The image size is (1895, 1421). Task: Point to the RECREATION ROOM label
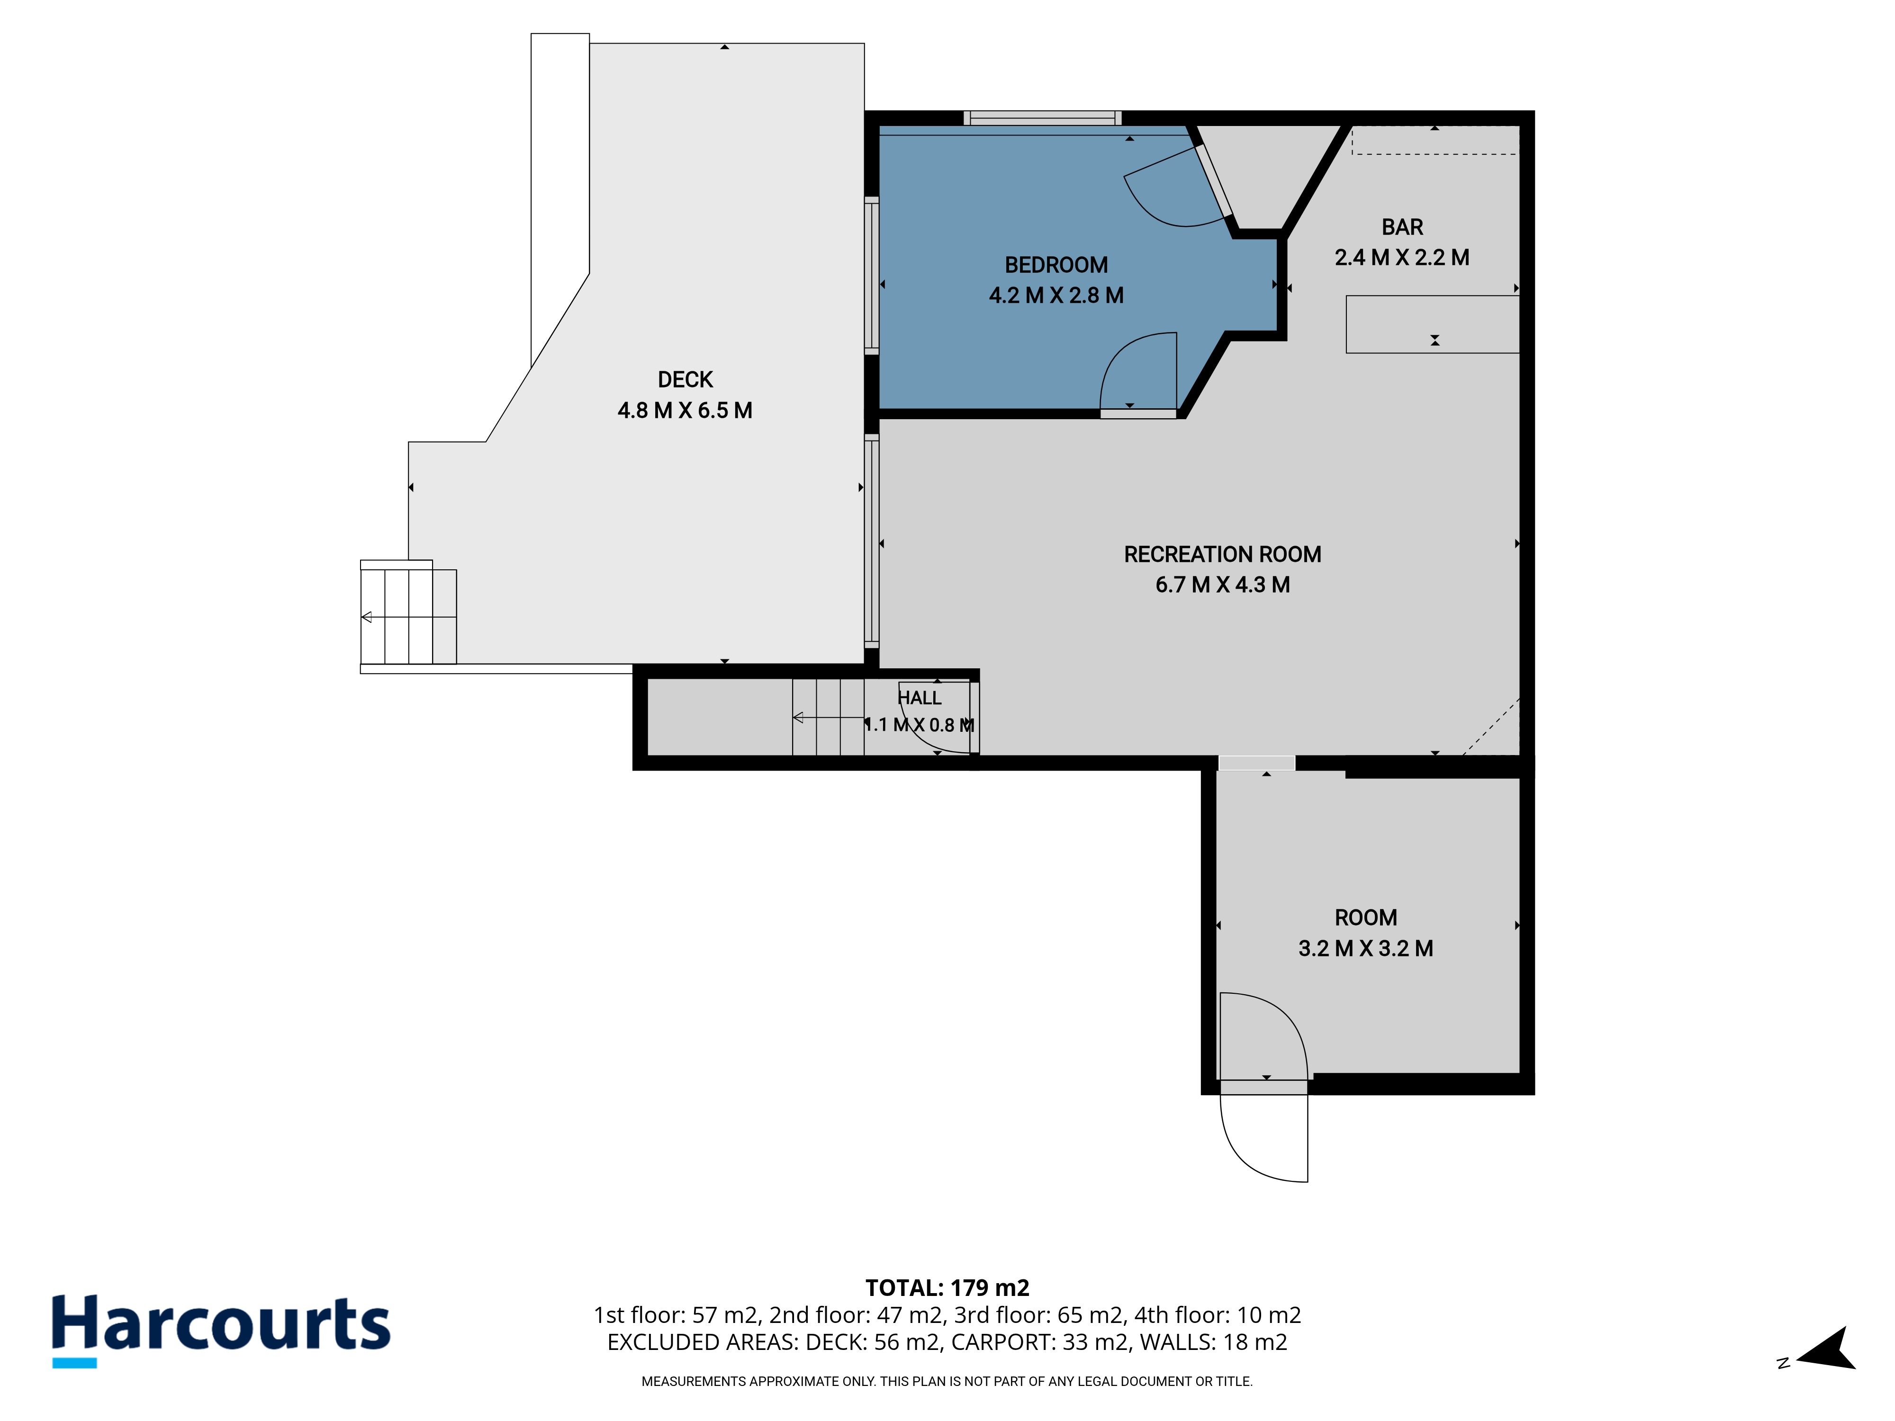point(1222,555)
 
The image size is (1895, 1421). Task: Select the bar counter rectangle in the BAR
point(1433,324)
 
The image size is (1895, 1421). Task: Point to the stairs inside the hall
point(829,717)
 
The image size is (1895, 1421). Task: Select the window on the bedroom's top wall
point(1043,119)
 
